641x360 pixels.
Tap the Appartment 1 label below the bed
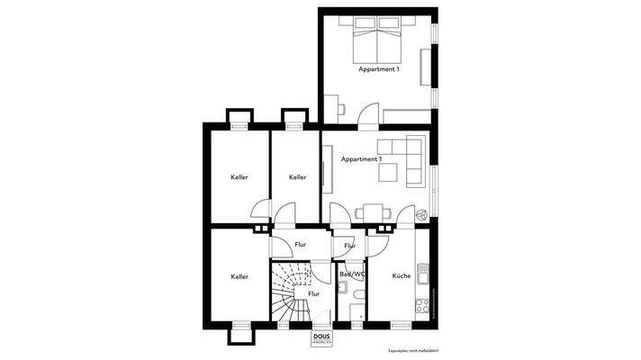(x=379, y=69)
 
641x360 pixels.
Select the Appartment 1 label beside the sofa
(x=361, y=159)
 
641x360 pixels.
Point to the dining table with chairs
(x=373, y=212)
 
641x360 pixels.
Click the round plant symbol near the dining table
(x=421, y=214)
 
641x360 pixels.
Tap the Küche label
(x=402, y=276)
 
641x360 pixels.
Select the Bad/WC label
(x=351, y=274)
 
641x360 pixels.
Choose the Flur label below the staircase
(x=314, y=292)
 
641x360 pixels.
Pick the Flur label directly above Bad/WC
(x=349, y=245)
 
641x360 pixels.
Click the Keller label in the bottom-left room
(x=239, y=276)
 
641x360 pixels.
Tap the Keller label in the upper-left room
(x=239, y=177)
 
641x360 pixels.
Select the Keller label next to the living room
(x=297, y=177)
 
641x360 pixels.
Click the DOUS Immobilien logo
(x=322, y=338)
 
